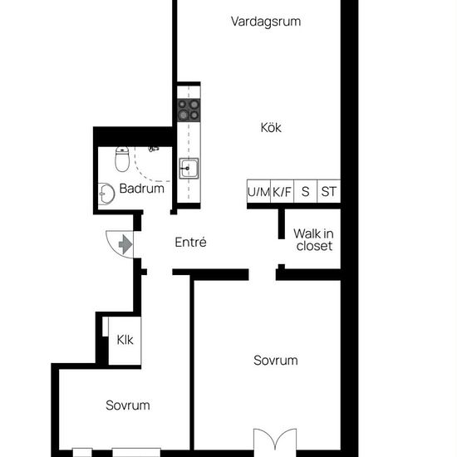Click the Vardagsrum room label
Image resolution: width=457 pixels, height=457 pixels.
pos(266,22)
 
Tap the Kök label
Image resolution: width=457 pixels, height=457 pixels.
pos(271,128)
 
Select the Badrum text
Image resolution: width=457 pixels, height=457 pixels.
pos(142,189)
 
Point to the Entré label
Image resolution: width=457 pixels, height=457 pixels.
pos(190,242)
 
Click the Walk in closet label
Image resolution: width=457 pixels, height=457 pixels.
pos(313,239)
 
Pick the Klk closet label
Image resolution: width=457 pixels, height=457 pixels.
pos(125,340)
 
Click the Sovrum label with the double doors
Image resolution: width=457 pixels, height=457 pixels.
pos(276,361)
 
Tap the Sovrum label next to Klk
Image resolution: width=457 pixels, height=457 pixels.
pos(128,405)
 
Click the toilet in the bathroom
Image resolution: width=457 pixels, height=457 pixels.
pos(122,160)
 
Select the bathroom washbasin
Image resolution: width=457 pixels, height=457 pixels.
pos(106,194)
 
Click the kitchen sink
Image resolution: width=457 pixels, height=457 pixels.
pos(189,168)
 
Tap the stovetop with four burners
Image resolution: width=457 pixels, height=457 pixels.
pos(189,110)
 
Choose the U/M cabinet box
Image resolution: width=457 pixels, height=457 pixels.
pos(258,191)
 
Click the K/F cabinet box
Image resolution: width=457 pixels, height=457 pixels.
pos(283,191)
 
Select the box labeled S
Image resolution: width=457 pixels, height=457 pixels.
pos(306,191)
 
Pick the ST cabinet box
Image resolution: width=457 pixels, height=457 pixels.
pos(329,191)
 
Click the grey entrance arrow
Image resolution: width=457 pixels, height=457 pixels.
pos(125,244)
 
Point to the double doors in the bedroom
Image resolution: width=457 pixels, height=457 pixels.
pos(275,440)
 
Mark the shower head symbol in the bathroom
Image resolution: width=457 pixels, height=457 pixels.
pos(154,150)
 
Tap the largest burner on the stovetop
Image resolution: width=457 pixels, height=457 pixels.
pos(184,115)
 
